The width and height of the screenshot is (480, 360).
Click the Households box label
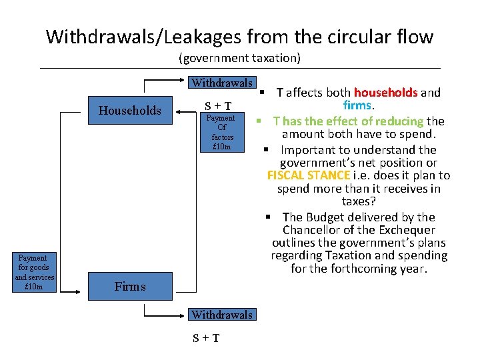pos(130,111)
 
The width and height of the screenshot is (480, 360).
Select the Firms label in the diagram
pos(130,287)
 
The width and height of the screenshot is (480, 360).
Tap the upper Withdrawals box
pos(222,83)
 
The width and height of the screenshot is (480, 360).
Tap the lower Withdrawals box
pos(222,315)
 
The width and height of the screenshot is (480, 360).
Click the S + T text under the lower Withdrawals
pos(206,338)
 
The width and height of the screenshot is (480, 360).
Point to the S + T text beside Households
pos(218,105)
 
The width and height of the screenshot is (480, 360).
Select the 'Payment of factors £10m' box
pos(221,132)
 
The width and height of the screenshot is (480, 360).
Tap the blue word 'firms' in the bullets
pos(357,105)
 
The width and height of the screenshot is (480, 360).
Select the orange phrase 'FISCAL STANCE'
pos(309,175)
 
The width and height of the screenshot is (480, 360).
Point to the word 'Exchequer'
pos(407,230)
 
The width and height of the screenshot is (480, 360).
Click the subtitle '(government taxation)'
pos(240,58)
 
